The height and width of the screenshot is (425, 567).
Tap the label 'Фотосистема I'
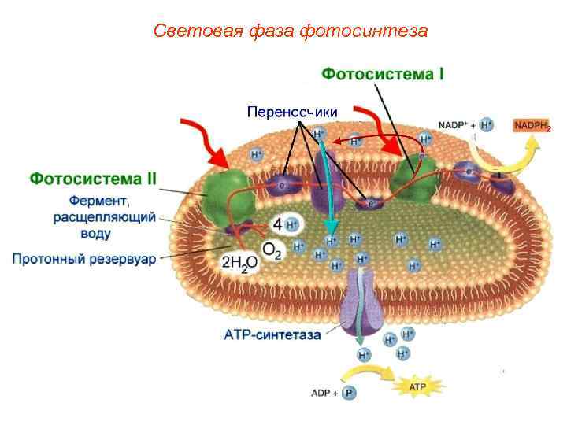(x=383, y=74)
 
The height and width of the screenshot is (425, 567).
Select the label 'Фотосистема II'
(x=94, y=179)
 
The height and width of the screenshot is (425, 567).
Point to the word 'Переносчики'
(x=292, y=112)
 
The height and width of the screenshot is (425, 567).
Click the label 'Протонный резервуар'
(x=84, y=258)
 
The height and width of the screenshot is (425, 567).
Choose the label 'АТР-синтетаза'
(x=272, y=334)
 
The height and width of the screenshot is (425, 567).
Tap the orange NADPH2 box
(x=532, y=126)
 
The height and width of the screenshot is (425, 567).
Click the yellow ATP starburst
(x=417, y=386)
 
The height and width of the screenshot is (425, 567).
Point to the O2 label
(x=272, y=250)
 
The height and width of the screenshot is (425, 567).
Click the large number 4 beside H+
(x=276, y=224)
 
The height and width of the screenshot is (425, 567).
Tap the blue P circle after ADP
(x=348, y=391)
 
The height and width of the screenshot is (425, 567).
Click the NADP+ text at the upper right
(x=454, y=125)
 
